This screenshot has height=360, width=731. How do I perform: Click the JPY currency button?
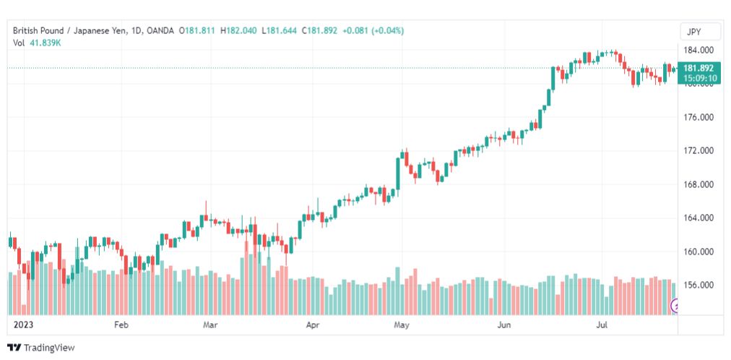(x=697, y=33)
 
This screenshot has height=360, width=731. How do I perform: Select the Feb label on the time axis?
(x=121, y=325)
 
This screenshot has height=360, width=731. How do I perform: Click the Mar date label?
(x=211, y=325)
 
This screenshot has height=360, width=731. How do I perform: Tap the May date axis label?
(x=401, y=325)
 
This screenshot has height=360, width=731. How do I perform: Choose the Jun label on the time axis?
(x=503, y=325)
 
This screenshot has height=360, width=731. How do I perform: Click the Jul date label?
(x=603, y=325)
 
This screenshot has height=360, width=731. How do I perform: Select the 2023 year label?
(x=22, y=325)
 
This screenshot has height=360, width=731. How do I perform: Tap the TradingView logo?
(x=41, y=348)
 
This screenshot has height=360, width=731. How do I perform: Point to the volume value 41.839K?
(x=46, y=43)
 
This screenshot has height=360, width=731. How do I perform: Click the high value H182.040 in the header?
(x=238, y=31)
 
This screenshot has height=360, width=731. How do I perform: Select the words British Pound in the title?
(x=38, y=31)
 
